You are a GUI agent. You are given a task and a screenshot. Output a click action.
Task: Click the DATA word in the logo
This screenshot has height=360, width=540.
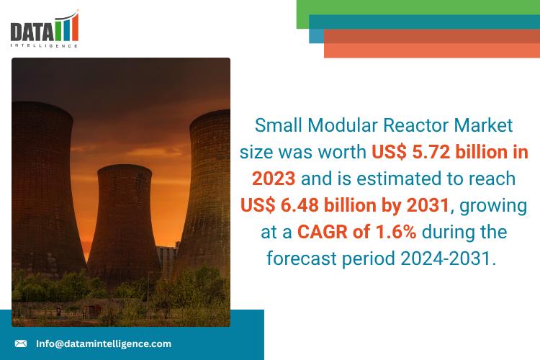pos(32,32)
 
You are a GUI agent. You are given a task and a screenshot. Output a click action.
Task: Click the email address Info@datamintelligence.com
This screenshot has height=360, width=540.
pos(104,343)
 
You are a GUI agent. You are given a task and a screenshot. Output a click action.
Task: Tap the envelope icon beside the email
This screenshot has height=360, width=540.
pos(21,343)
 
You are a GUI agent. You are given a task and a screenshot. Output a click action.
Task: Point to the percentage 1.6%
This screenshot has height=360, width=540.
pos(391,233)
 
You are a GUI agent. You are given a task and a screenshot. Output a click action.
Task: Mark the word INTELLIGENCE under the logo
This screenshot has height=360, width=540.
pos(44,45)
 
